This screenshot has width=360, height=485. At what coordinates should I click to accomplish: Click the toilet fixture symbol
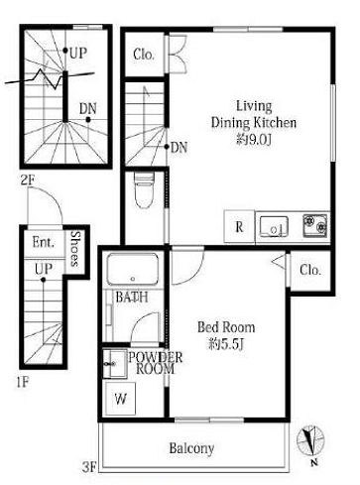pos(144,191)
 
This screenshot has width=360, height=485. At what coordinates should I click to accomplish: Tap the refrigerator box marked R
pos(239,227)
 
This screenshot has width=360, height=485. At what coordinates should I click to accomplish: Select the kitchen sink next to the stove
pos(274,226)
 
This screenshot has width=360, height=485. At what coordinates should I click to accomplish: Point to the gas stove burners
pos(315,225)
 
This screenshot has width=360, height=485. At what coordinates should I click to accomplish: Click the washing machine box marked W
pos(121,399)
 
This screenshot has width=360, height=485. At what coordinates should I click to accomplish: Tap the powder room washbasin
pos(114,364)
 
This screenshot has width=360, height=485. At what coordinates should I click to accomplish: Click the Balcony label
pos(191,448)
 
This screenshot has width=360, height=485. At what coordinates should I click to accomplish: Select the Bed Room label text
pos(226,327)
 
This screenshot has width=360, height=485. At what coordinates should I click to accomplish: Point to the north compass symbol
pos(309,441)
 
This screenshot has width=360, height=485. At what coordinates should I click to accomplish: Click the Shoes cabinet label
pos(76,249)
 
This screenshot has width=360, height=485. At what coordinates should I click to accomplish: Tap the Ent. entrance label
pos(44,243)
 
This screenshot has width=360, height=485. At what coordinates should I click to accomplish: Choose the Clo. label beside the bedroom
pos(310,271)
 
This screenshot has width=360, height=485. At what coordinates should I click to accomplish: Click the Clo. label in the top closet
pos(144,55)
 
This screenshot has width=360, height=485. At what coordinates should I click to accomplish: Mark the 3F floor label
pos(89,467)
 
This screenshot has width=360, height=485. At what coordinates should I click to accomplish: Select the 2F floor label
pos(28,181)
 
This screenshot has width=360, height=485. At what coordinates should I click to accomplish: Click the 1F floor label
pos(23,383)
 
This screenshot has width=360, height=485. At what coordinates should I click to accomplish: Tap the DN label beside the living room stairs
pos(180,148)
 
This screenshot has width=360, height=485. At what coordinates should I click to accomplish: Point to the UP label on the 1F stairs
pos(44,269)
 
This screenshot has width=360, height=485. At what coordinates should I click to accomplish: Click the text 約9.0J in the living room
pos(254,140)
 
